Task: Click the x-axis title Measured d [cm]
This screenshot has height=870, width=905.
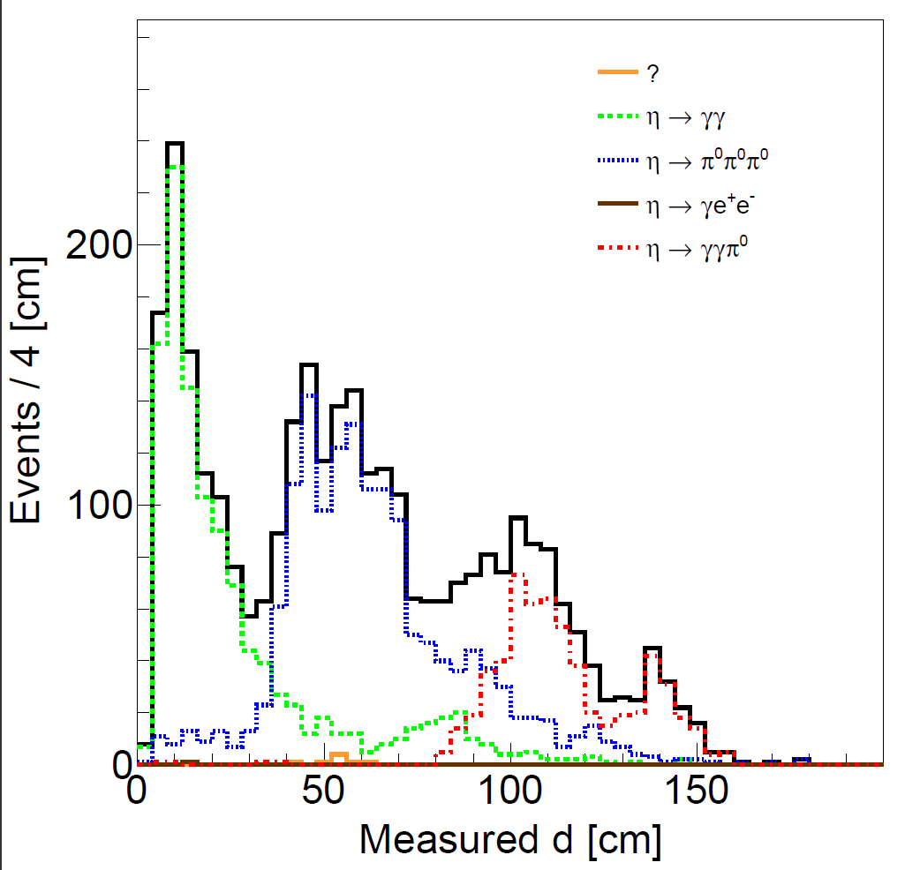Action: (509, 838)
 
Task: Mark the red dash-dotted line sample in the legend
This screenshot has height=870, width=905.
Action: (616, 248)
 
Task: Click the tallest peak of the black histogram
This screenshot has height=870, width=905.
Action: (174, 143)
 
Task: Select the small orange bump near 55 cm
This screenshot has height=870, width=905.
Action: (338, 755)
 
